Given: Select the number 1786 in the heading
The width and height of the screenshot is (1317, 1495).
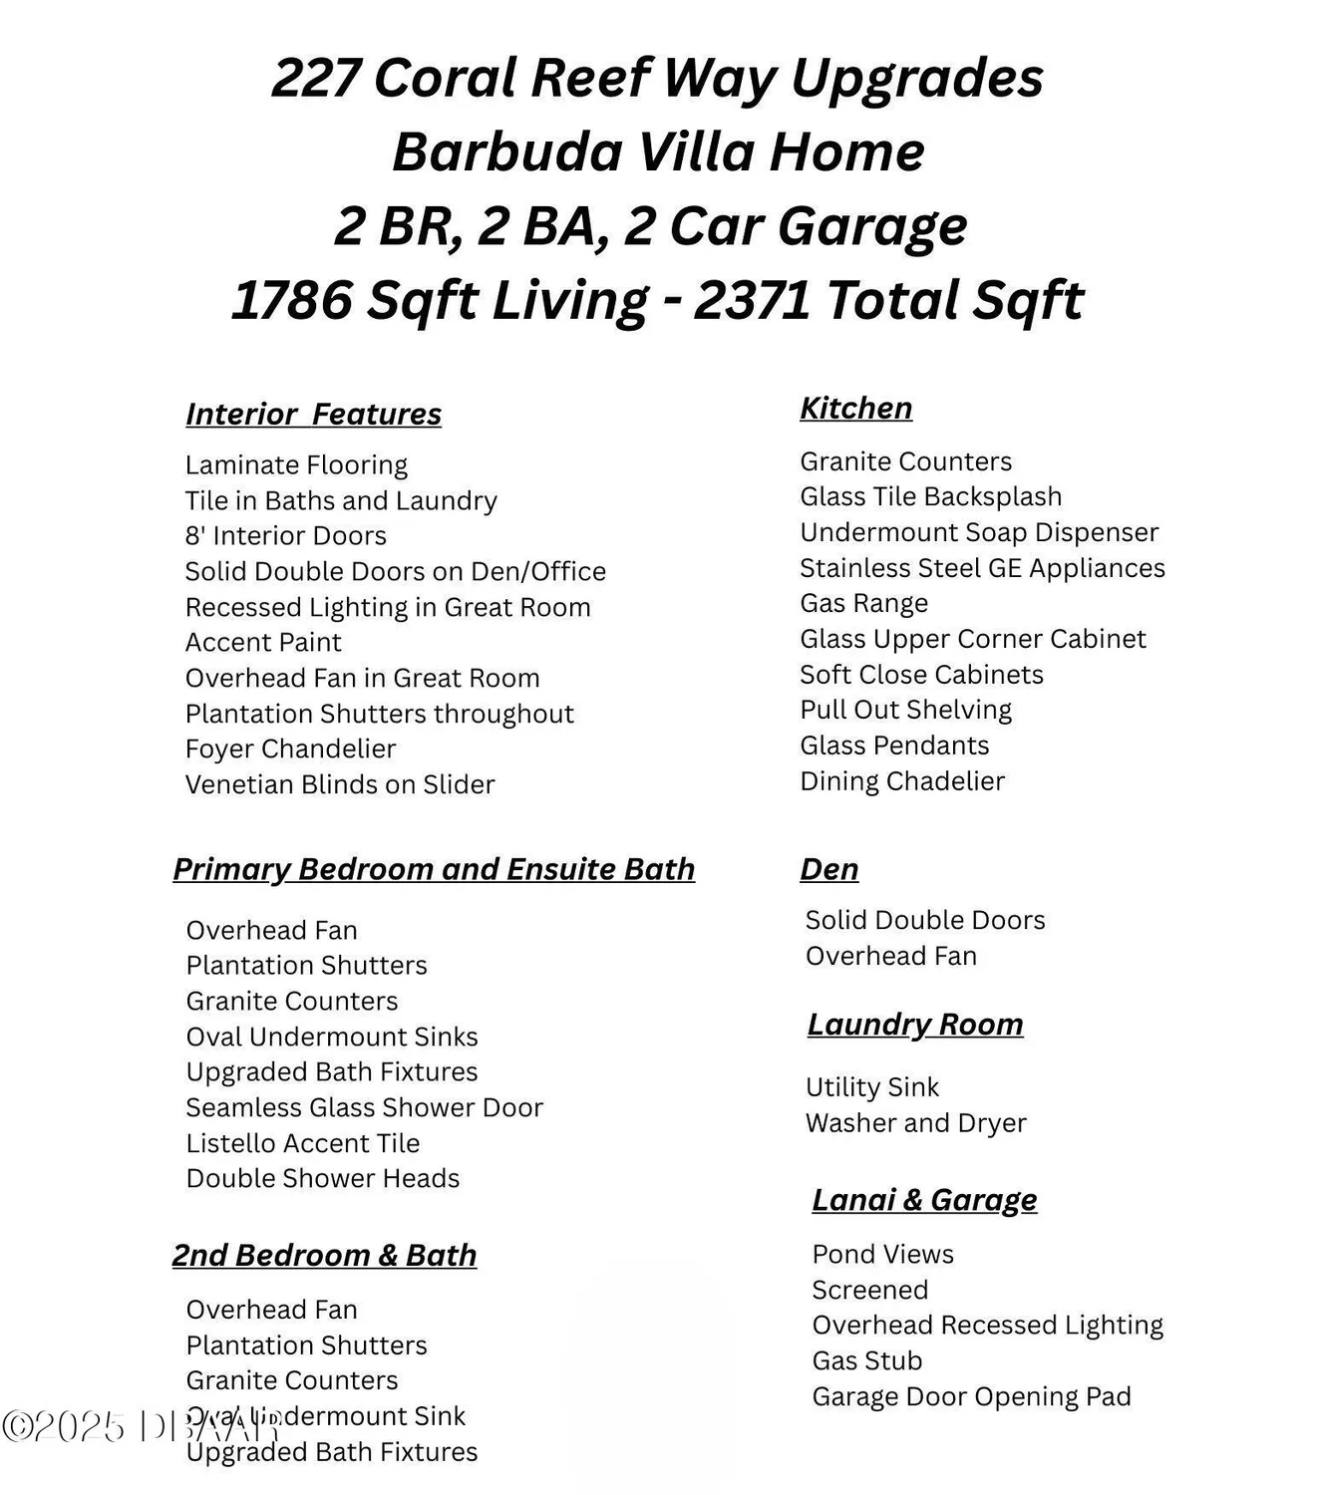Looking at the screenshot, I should (x=291, y=300).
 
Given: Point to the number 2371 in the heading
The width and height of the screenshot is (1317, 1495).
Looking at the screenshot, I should (x=752, y=300).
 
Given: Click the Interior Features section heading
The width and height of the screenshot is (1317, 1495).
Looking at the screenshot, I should (x=313, y=414).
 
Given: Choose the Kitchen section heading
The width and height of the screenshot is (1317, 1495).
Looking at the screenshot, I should (x=855, y=408).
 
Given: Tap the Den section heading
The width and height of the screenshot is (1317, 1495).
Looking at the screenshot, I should (x=828, y=869).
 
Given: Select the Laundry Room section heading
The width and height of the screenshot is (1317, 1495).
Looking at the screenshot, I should (x=915, y=1025).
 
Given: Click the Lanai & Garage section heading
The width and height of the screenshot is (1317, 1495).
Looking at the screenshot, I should (x=924, y=1200).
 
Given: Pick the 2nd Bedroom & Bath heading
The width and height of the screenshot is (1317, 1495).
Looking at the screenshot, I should (x=324, y=1255).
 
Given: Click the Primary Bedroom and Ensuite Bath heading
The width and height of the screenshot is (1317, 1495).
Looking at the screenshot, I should (x=434, y=869).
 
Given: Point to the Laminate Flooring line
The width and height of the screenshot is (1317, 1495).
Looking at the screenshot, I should (x=296, y=465).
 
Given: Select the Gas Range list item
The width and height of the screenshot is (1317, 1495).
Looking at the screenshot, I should (x=863, y=603).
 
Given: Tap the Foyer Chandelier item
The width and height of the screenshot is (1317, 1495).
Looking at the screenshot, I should (x=290, y=748).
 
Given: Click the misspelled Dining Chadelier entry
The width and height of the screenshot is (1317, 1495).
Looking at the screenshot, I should (x=902, y=781).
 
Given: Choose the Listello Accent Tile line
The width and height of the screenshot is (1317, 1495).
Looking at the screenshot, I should (x=302, y=1143).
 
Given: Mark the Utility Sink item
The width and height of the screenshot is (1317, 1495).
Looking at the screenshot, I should (x=871, y=1087).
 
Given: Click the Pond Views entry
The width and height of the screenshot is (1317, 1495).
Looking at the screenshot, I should (x=882, y=1254).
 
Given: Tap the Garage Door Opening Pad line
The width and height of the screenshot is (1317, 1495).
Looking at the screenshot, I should (x=971, y=1396).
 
